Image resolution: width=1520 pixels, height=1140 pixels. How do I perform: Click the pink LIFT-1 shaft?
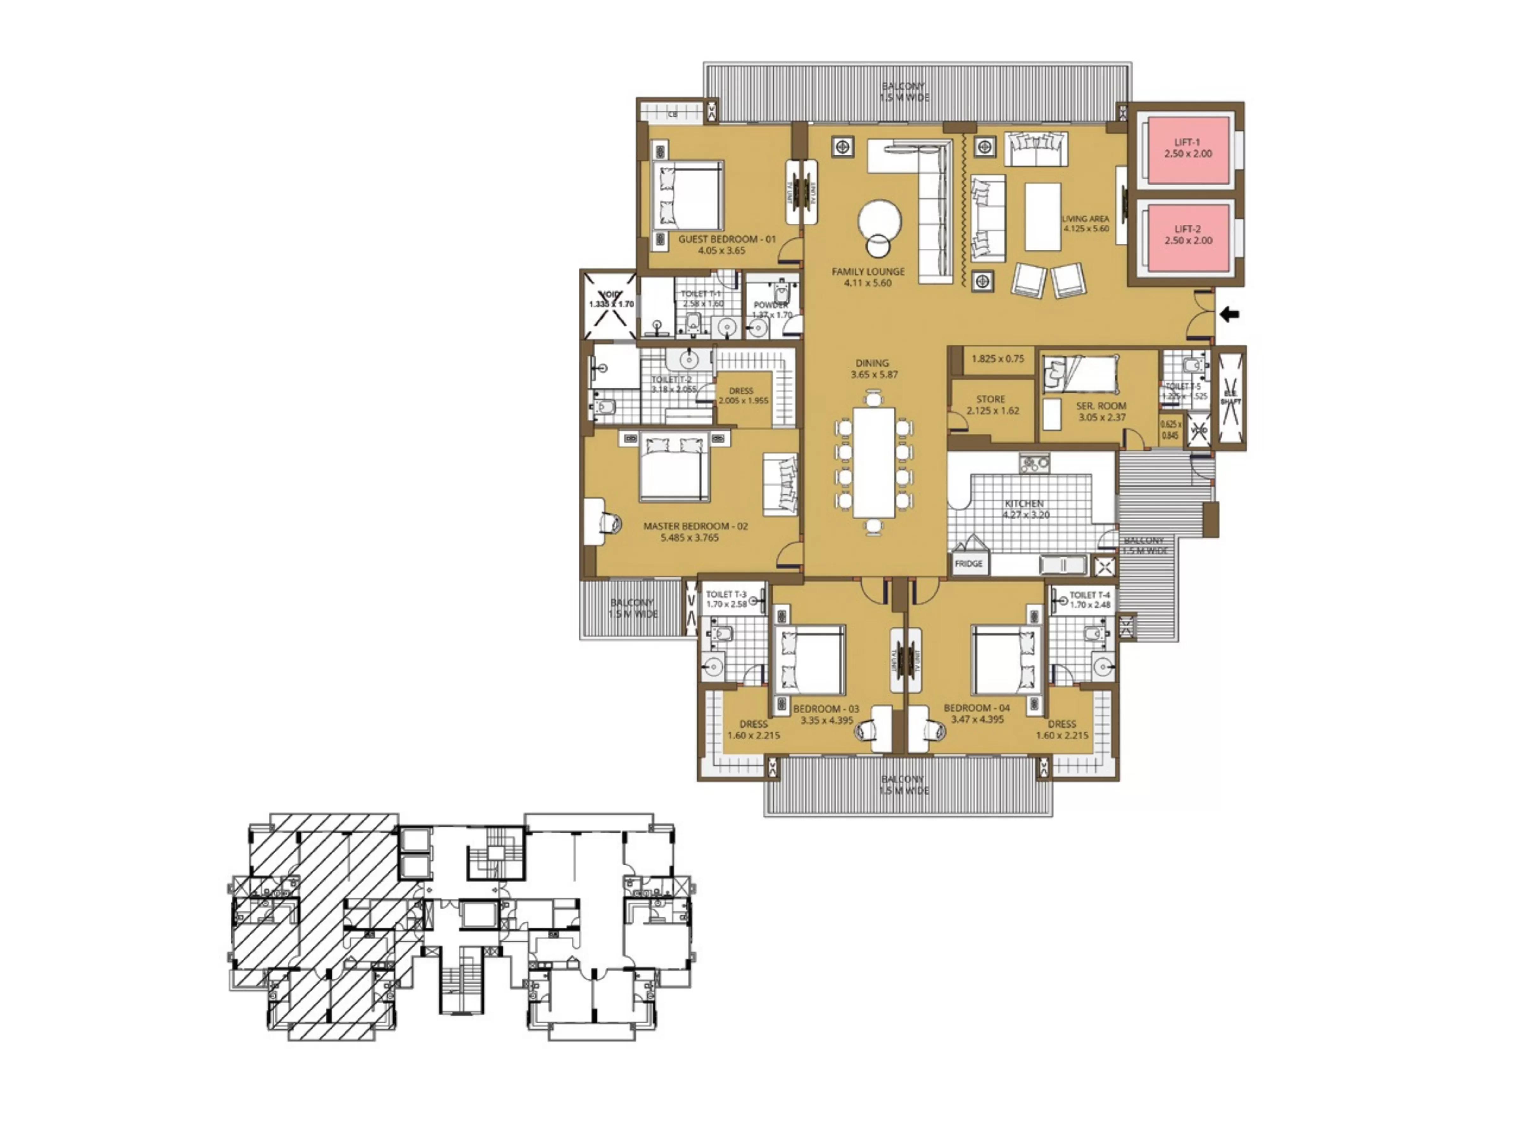(x=1187, y=150)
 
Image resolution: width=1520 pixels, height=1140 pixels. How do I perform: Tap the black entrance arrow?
(x=1229, y=315)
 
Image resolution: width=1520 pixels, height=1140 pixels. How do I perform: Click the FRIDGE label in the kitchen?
(x=968, y=563)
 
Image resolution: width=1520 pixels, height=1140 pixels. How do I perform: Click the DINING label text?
(x=872, y=363)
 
